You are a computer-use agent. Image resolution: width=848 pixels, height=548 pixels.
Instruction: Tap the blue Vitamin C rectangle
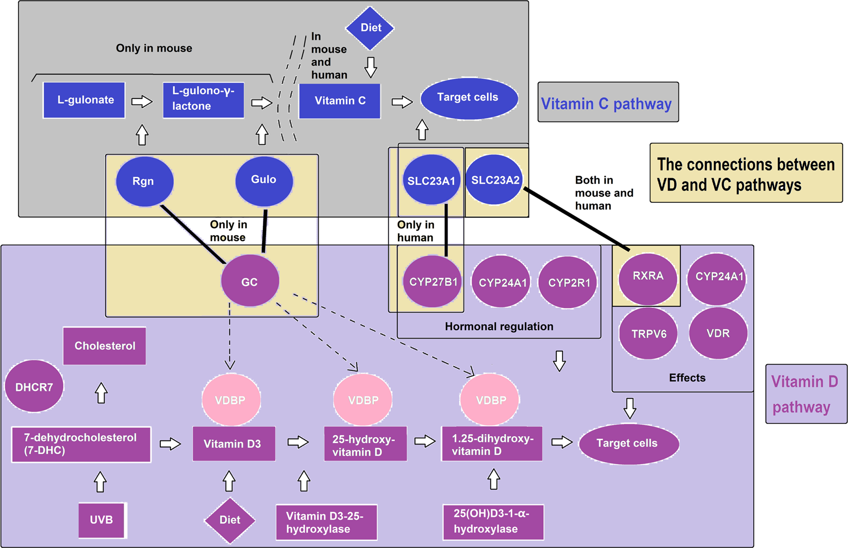pyautogui.click(x=340, y=101)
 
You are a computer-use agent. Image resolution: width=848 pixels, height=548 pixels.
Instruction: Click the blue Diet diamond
pyautogui.click(x=370, y=28)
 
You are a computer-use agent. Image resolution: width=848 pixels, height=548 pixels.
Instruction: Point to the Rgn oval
pyautogui.click(x=144, y=181)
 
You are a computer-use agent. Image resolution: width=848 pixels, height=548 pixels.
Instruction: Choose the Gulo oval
pyautogui.click(x=264, y=180)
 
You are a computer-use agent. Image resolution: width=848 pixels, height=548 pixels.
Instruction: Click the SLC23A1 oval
pyautogui.click(x=431, y=180)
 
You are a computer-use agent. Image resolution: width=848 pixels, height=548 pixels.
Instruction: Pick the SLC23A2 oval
pyautogui.click(x=494, y=180)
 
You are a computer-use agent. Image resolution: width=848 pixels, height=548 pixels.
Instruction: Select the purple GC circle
pyautogui.click(x=250, y=281)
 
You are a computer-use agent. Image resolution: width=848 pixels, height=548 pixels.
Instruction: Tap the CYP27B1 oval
pyautogui.click(x=432, y=282)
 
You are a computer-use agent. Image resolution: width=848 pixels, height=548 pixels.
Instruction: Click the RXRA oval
pyautogui.click(x=647, y=277)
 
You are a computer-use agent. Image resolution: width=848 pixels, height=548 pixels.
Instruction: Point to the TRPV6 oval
pyautogui.click(x=649, y=334)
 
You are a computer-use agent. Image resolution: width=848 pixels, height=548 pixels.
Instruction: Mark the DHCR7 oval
pyautogui.click(x=34, y=387)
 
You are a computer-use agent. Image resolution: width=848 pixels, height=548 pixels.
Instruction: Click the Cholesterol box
pyautogui.click(x=105, y=346)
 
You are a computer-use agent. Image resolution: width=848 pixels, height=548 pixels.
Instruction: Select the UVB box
pyautogui.click(x=102, y=520)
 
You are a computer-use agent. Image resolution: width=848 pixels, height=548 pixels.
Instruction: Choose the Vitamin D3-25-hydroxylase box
pyautogui.click(x=326, y=522)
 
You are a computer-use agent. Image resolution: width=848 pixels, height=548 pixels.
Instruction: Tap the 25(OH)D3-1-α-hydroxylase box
pyautogui.click(x=493, y=521)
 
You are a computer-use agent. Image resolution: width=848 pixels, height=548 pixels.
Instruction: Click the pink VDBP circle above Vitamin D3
pyautogui.click(x=230, y=400)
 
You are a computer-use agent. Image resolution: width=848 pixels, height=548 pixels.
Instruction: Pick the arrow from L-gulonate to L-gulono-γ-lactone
pyautogui.click(x=142, y=101)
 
